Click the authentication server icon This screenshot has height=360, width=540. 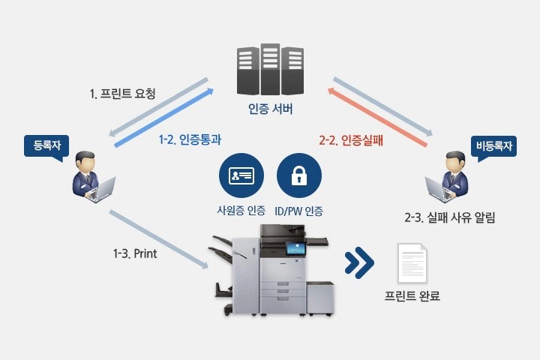[270, 69]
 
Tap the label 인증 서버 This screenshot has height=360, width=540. [270, 109]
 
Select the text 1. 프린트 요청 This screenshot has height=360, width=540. [122, 93]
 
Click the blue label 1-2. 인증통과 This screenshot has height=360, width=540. [190, 139]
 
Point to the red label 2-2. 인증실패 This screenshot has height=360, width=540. [351, 140]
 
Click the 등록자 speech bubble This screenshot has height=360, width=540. [46, 147]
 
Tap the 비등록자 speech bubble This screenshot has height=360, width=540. [493, 147]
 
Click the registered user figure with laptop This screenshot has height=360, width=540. [92, 177]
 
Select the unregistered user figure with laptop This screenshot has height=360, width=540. [447, 177]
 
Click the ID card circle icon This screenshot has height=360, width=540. [241, 175]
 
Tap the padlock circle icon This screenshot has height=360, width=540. [299, 175]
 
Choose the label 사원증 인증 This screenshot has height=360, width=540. [241, 210]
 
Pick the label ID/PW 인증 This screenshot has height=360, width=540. [298, 211]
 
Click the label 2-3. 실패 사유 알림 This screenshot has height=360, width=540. [449, 217]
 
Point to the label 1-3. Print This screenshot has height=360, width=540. [135, 254]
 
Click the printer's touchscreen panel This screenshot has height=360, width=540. [295, 248]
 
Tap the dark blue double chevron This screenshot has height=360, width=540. [359, 262]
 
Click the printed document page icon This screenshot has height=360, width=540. [412, 263]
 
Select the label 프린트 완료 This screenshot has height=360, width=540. [412, 295]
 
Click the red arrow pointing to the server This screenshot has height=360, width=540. [377, 117]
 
